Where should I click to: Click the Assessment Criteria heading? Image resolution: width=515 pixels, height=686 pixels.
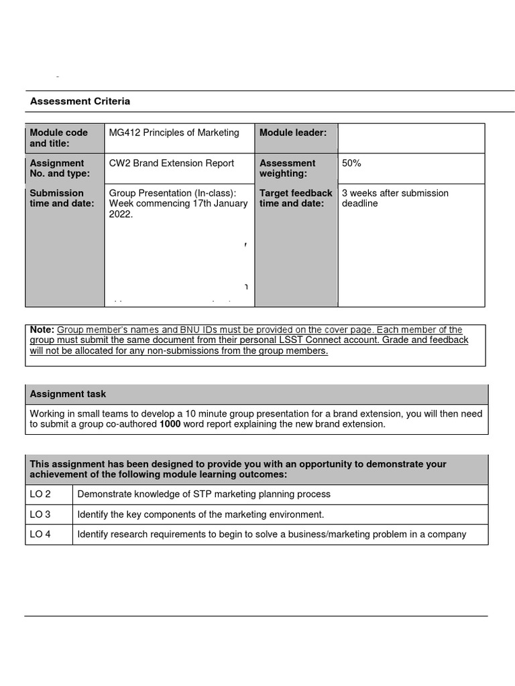point(80,101)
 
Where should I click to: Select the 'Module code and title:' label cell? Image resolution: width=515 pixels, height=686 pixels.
point(59,138)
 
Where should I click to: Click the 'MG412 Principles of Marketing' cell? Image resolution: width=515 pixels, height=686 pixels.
point(174,133)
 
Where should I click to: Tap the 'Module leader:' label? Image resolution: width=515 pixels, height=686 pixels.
point(293,133)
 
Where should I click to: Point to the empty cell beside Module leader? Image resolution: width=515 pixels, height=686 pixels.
point(410,138)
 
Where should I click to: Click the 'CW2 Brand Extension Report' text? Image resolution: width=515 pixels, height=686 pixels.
point(172,163)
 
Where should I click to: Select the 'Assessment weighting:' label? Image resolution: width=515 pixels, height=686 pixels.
point(287,168)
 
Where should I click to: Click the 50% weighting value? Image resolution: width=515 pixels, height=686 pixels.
point(351,163)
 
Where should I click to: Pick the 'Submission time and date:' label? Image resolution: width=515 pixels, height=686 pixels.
point(62,198)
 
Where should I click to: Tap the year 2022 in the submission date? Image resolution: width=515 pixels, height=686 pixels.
point(121,214)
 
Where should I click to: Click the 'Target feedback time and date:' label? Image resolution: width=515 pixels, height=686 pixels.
point(296,198)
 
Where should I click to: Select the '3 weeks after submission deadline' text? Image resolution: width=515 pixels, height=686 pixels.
point(395,198)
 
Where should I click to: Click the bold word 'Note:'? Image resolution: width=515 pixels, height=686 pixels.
point(42,330)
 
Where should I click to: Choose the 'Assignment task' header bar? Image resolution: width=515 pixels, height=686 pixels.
point(256,394)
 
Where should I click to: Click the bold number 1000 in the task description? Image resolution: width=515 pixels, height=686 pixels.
point(170,424)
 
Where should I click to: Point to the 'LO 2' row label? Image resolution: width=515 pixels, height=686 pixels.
point(40,494)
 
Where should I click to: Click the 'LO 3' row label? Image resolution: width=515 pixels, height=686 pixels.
point(40,514)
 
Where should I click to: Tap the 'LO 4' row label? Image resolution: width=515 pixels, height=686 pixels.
point(40,535)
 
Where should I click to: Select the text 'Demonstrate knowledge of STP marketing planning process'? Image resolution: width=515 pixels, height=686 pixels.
point(204,494)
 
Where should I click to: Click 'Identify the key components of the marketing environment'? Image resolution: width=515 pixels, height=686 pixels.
point(201,514)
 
